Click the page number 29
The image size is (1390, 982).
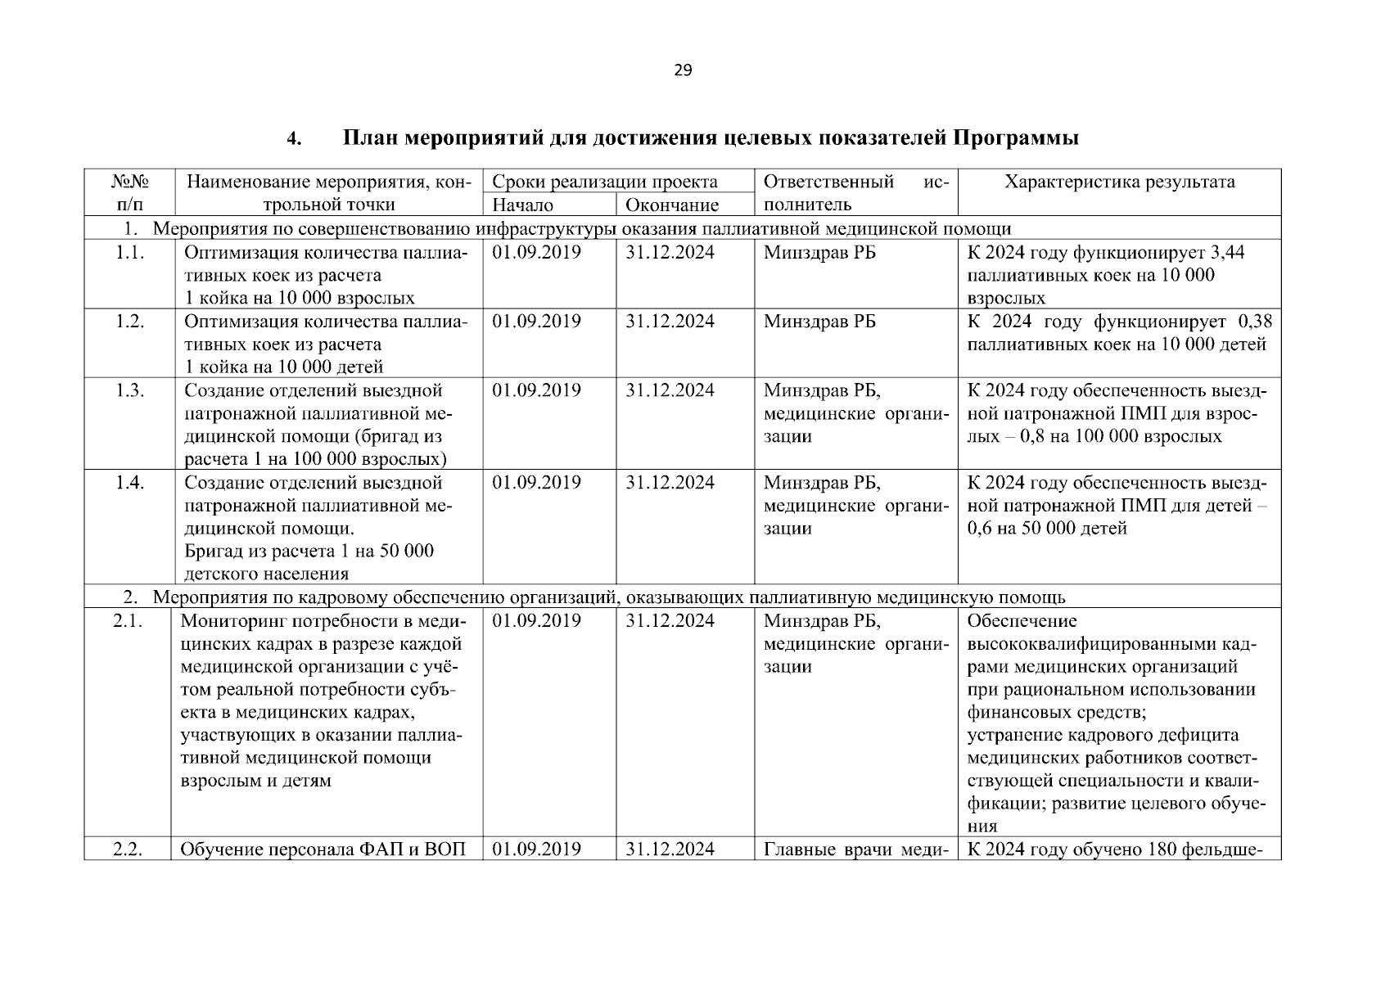pyautogui.click(x=683, y=70)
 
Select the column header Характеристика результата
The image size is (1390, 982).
pyautogui.click(x=1119, y=182)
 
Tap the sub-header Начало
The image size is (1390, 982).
pyautogui.click(x=522, y=205)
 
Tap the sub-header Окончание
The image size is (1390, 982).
pyautogui.click(x=671, y=205)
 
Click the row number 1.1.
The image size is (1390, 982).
pyautogui.click(x=130, y=253)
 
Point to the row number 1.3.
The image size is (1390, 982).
pyautogui.click(x=130, y=390)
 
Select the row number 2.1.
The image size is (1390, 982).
pyautogui.click(x=128, y=621)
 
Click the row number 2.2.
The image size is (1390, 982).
pyautogui.click(x=128, y=849)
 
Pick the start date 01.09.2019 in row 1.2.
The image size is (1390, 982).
pyautogui.click(x=536, y=322)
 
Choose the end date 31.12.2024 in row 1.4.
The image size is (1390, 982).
pyautogui.click(x=670, y=483)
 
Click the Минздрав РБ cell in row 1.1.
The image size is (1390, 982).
pyautogui.click(x=819, y=253)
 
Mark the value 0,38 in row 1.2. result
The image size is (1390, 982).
pyautogui.click(x=1256, y=322)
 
